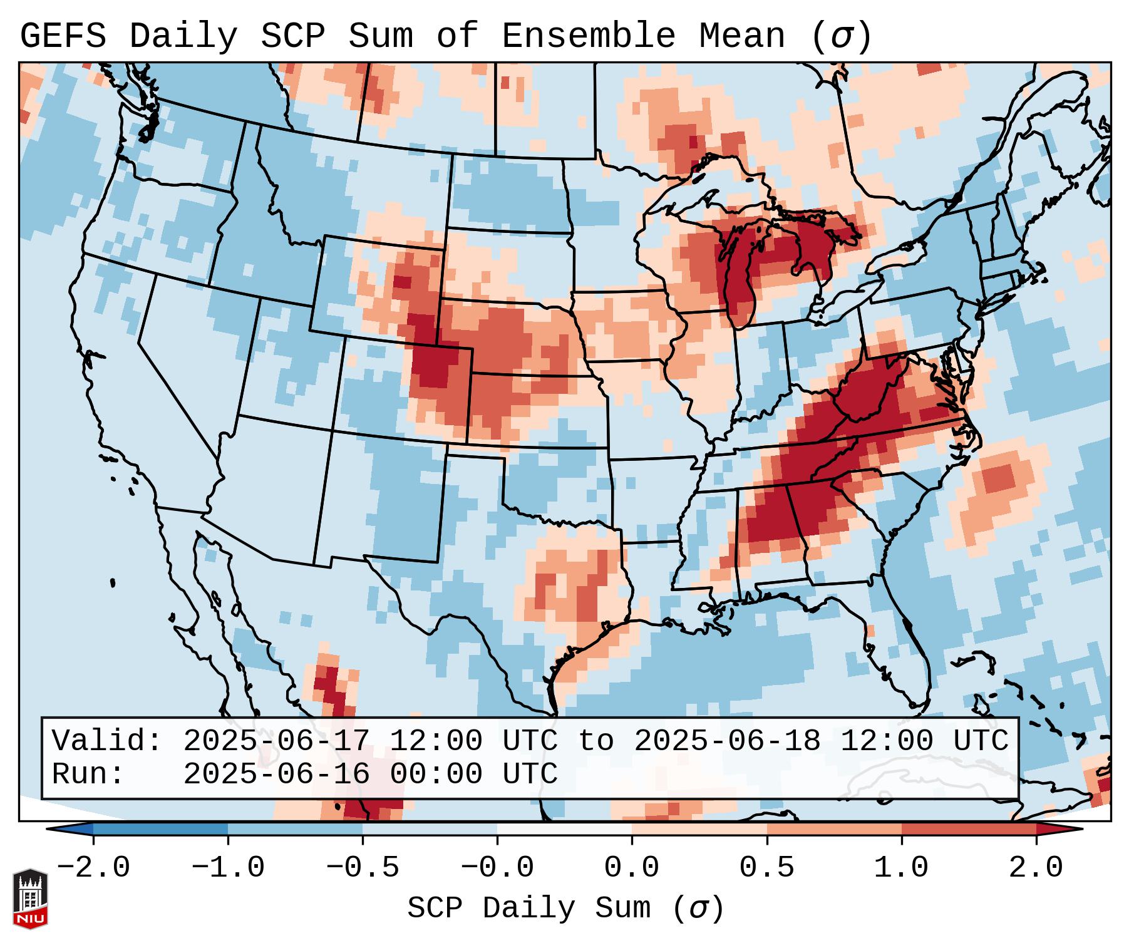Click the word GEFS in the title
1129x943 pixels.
tap(63, 36)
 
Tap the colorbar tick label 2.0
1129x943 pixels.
tap(1036, 868)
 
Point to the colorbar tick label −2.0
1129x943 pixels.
tap(93, 868)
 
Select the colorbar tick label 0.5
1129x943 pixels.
tap(767, 868)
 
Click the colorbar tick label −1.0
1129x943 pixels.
tap(228, 868)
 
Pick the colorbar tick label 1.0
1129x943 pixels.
tap(902, 868)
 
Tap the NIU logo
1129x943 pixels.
tap(30, 899)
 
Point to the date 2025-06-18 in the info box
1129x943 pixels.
tap(727, 741)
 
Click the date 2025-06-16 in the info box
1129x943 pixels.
tap(276, 774)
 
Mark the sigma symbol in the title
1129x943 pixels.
tap(841, 37)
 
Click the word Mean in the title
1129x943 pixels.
tap(742, 36)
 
